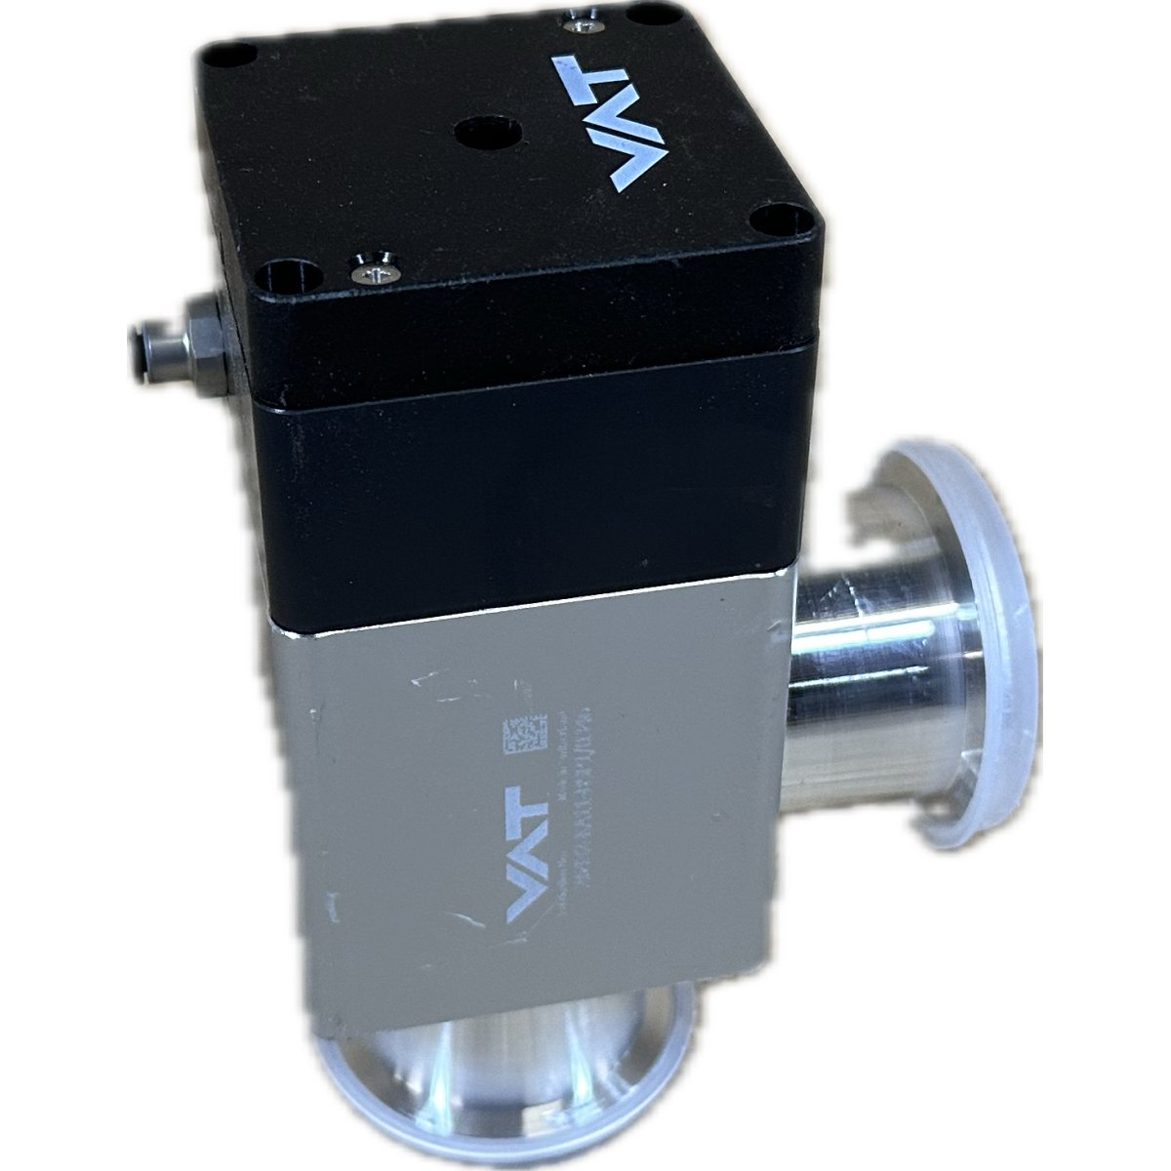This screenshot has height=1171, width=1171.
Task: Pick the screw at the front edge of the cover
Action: [375, 269]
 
